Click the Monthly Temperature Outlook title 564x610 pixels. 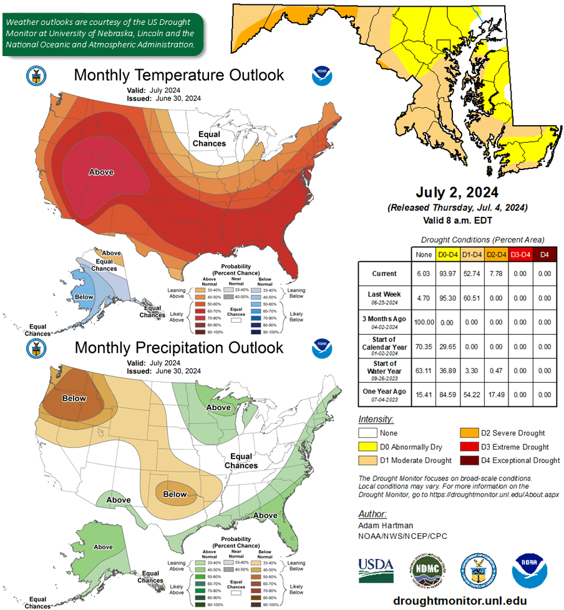click(x=179, y=75)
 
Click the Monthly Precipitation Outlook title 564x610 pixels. click(x=179, y=347)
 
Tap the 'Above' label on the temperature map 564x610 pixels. click(x=101, y=172)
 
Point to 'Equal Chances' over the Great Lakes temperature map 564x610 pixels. click(x=209, y=139)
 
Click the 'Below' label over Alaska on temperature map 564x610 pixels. click(x=84, y=297)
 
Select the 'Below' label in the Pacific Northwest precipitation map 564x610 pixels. click(x=74, y=398)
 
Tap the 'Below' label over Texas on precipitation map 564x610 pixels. click(x=175, y=494)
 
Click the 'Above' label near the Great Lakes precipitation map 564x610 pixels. click(x=218, y=407)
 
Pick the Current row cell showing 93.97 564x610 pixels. click(x=447, y=274)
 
